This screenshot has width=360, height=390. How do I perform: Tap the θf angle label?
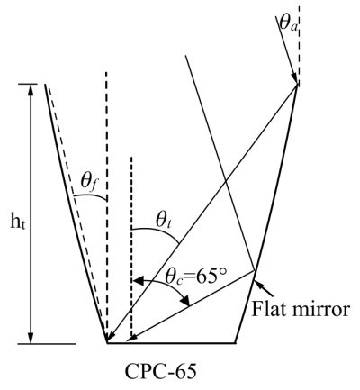89,183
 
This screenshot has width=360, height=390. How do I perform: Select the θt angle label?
163,222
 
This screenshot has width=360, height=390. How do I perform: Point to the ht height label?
18,223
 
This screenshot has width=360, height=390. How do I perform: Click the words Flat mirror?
300,309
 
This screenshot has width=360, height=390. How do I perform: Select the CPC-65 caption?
161,371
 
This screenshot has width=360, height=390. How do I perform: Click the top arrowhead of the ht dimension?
30,89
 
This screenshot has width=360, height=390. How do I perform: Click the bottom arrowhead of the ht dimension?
30,338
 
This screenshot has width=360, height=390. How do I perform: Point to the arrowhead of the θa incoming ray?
293,78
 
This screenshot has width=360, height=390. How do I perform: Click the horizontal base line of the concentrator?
171,342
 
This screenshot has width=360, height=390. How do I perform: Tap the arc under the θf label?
90,195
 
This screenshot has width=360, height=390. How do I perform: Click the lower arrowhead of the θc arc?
185,301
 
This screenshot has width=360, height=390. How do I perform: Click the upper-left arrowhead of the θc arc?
138,281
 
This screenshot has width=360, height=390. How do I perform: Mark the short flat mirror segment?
245,306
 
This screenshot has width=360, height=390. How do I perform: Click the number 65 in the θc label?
206,277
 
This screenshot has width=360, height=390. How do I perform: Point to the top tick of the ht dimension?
28,84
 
